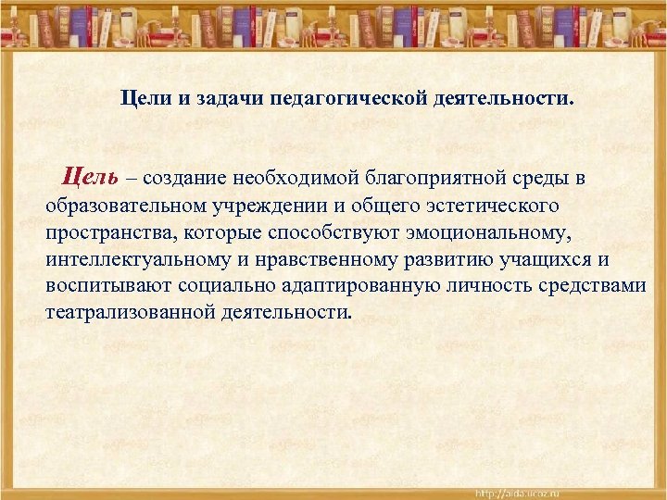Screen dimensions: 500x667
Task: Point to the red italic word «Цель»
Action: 90,176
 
